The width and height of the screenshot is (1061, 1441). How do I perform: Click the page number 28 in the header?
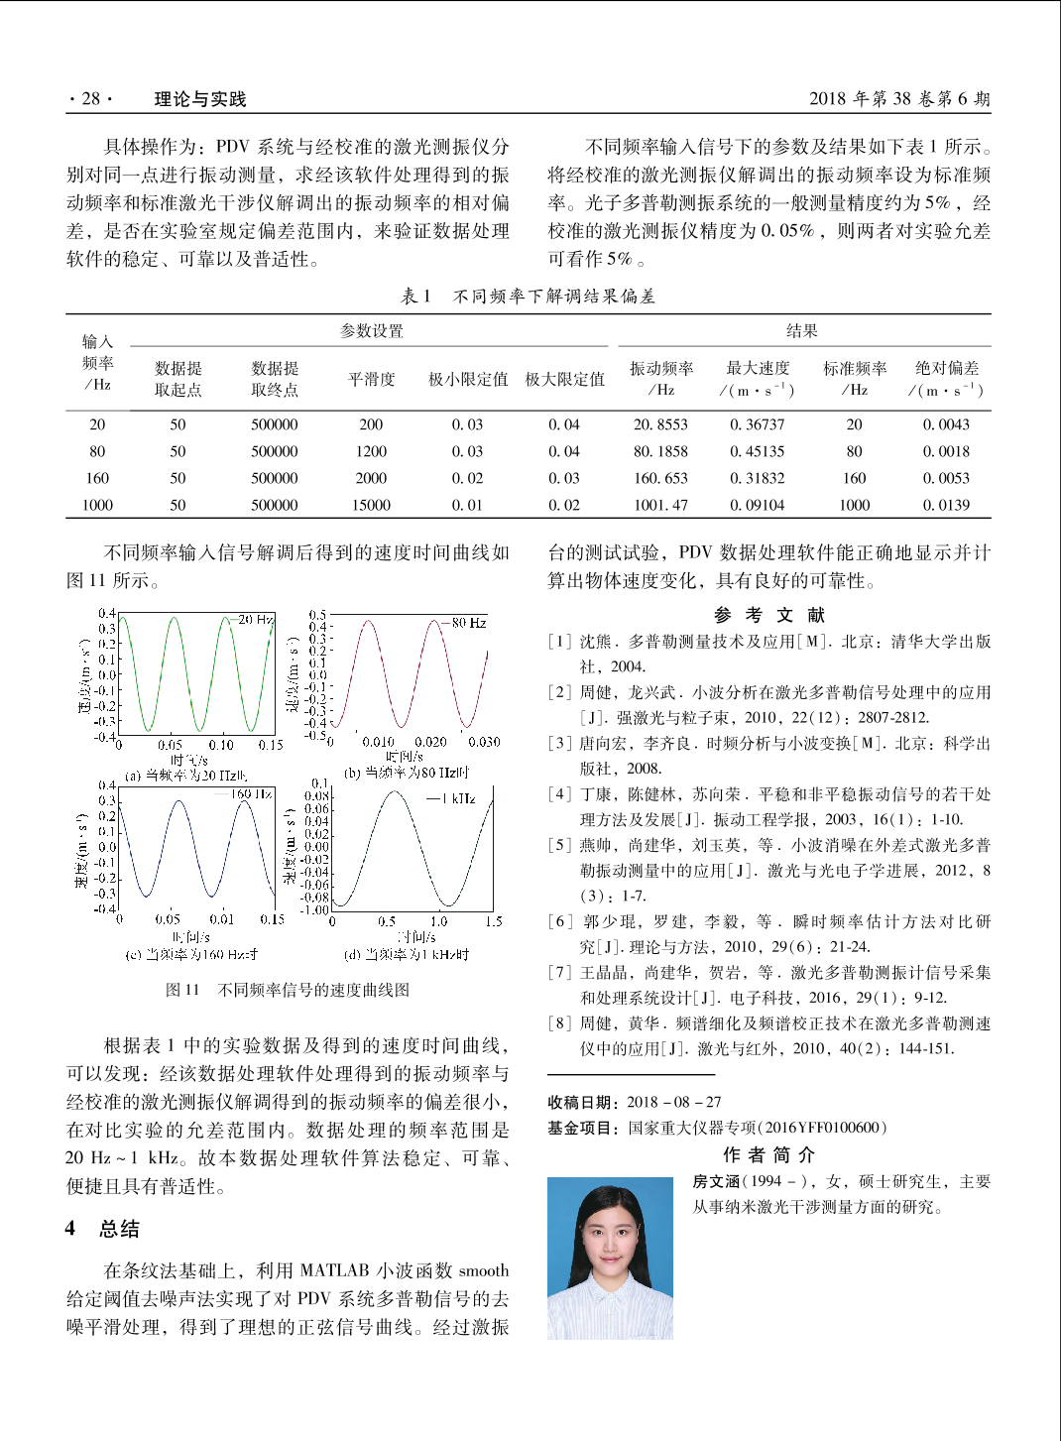(90, 98)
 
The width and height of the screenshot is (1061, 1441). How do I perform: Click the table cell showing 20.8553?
(660, 424)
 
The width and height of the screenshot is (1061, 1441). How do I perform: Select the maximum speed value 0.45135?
(757, 451)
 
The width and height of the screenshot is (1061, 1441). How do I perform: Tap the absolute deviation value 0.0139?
(946, 505)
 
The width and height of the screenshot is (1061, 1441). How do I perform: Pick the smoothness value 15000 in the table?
(371, 505)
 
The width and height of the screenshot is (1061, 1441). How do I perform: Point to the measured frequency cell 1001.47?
(660, 505)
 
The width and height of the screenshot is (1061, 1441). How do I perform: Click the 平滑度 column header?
(371, 379)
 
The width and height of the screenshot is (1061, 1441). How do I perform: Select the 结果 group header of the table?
(801, 331)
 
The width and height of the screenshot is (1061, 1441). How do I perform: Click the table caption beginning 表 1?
(528, 296)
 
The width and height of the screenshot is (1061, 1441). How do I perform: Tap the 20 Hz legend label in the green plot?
(256, 619)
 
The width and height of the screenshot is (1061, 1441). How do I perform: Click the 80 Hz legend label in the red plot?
(468, 623)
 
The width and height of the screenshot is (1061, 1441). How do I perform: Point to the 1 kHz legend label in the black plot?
(459, 798)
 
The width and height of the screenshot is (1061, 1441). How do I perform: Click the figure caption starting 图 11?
(287, 990)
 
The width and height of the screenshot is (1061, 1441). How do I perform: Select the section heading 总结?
(119, 1229)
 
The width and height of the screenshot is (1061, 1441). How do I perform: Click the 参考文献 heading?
(768, 615)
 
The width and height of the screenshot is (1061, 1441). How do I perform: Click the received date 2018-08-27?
(673, 1102)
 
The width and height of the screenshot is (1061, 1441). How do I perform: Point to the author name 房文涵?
(716, 1181)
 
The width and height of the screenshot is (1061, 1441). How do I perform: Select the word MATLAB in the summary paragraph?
(334, 1270)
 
